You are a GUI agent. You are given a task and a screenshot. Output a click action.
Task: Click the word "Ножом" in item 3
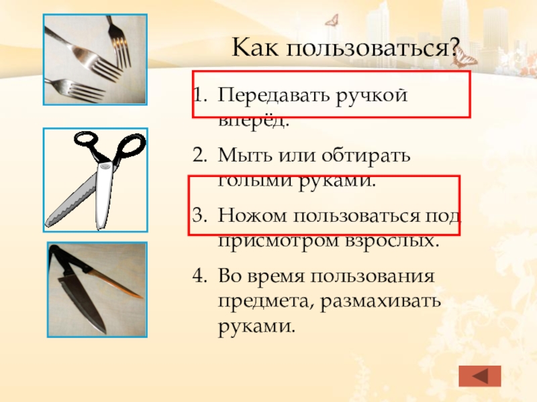pos(251,214)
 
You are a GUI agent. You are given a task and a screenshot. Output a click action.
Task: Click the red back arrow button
pos(480,376)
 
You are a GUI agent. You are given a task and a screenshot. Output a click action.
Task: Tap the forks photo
pos(95,60)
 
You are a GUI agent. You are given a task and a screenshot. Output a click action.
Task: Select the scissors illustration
pos(95,180)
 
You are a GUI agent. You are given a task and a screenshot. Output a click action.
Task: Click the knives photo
pos(97,290)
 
